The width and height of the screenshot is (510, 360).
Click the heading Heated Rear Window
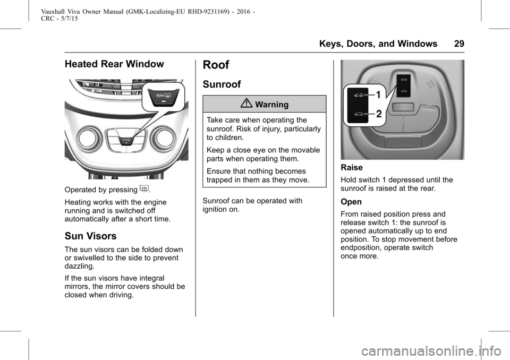(114, 64)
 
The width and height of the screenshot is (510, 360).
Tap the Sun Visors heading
(90, 236)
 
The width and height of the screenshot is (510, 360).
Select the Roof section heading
(216, 65)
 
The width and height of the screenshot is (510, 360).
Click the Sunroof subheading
(222, 84)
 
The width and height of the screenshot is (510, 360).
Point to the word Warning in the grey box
(271, 105)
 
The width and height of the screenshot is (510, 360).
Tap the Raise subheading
(352, 168)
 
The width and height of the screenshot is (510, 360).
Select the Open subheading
(351, 202)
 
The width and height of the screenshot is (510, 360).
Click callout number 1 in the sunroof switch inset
(379, 95)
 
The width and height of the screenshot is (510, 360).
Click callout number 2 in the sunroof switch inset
(379, 114)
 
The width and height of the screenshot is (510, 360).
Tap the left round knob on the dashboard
(88, 138)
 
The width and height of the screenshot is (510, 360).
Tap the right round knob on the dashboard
(164, 138)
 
